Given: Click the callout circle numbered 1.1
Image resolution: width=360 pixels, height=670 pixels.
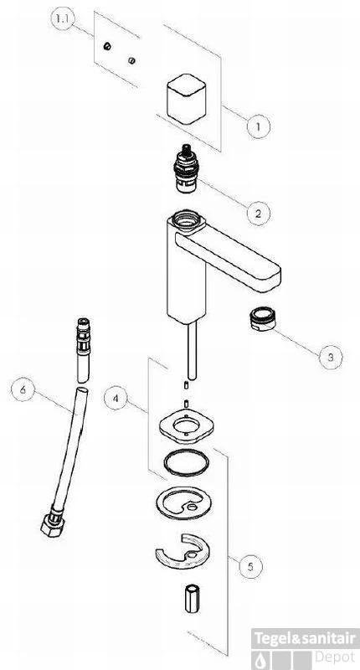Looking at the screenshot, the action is point(63,20).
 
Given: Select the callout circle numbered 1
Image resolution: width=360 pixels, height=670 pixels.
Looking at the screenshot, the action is point(259,126).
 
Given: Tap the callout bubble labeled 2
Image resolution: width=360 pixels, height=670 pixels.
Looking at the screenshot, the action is point(259,213).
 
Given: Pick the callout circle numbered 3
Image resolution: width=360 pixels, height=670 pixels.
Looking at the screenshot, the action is point(331,356).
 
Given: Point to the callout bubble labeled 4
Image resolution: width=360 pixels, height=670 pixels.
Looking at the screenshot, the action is point(116,399).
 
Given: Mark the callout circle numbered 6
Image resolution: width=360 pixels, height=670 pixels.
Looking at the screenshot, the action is point(23,389).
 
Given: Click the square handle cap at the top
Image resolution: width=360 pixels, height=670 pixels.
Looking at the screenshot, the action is point(186,100).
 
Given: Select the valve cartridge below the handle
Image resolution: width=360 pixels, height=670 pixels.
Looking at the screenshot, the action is point(186,169).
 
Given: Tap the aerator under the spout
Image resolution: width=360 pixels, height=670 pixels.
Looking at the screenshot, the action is point(263,319).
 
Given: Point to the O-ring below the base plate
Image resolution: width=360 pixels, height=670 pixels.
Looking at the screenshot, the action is point(186,463).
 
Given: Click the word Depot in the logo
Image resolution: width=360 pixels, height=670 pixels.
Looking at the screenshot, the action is point(334,657).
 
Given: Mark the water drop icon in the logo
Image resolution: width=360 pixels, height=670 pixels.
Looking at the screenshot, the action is point(260,660).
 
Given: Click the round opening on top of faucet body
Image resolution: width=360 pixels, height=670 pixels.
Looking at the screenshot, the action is point(186,219).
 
